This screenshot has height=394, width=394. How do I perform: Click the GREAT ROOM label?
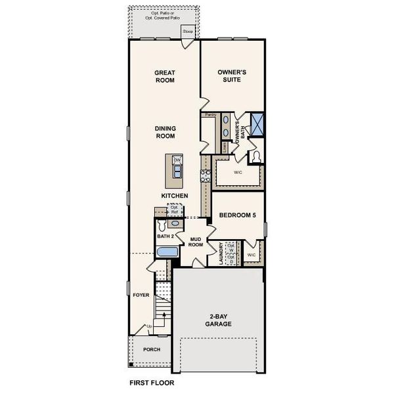click(x=164, y=77)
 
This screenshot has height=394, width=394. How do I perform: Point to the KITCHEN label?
click(x=175, y=196)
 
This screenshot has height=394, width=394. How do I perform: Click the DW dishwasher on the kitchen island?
click(x=177, y=160)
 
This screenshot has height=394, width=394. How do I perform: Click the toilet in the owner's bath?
click(x=255, y=156)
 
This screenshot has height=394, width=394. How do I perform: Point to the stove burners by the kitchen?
click(x=204, y=175)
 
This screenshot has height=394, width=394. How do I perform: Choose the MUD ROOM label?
click(x=195, y=242)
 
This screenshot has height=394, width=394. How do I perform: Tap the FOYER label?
click(x=141, y=295)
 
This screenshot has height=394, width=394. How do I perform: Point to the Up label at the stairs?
click(x=149, y=326)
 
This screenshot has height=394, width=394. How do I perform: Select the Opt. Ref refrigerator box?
click(x=175, y=210)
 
